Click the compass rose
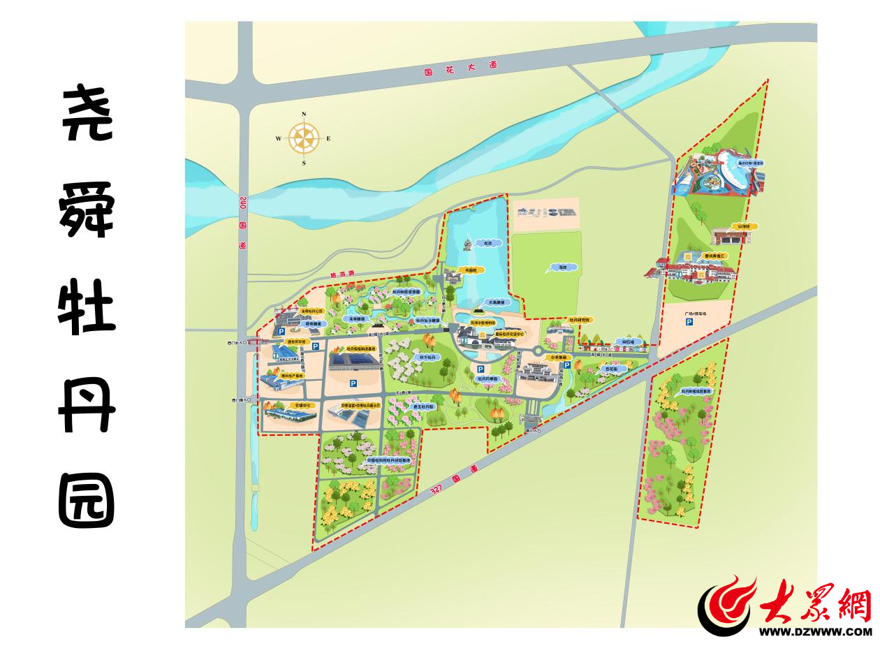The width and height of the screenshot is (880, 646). (x=304, y=138)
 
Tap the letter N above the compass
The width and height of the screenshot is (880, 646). (x=304, y=114)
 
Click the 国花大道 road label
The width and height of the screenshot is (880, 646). (x=461, y=68)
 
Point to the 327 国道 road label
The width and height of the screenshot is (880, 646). (x=455, y=480)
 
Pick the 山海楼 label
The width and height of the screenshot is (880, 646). (x=741, y=226)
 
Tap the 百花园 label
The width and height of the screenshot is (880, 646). (x=613, y=369)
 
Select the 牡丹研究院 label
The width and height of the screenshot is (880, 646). (x=580, y=319)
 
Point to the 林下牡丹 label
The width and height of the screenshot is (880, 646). (x=427, y=356)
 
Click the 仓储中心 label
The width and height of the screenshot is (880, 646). (x=303, y=404)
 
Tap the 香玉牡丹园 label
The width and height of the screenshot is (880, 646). (x=423, y=405)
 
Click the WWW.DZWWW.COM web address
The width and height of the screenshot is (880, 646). (x=815, y=631)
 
